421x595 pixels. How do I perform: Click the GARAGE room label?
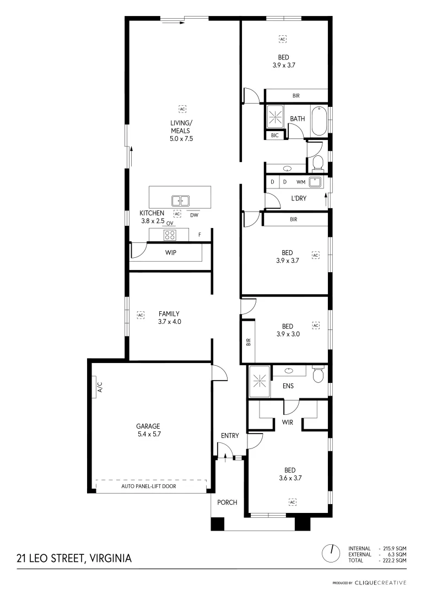(x=148, y=426)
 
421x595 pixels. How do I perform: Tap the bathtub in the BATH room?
(x=319, y=121)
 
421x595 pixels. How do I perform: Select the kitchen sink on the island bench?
(x=180, y=201)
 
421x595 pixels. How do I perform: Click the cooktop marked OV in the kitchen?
(x=170, y=235)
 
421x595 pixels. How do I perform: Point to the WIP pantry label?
(x=170, y=253)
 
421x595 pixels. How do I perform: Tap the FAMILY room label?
(x=169, y=313)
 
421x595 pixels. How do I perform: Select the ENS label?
(x=288, y=386)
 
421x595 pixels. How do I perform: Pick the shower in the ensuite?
(x=258, y=381)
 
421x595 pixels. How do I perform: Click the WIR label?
(x=287, y=423)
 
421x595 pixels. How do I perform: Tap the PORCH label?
(x=227, y=502)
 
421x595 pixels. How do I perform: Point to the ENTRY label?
(x=230, y=436)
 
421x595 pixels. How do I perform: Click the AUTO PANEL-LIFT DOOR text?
(x=152, y=487)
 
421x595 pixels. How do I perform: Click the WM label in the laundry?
(x=300, y=181)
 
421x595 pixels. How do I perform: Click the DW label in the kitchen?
(x=194, y=215)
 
